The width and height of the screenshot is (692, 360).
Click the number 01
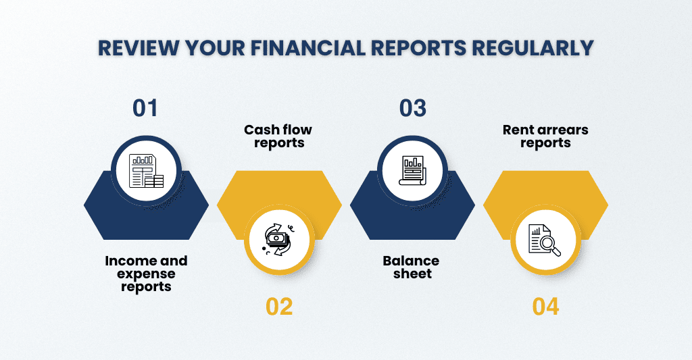pos(145,108)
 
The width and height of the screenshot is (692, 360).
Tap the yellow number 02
pos(279,307)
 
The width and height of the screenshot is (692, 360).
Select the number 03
pos(413,108)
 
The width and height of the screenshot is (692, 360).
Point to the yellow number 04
pos(545,307)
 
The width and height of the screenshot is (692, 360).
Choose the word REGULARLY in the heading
pos(533,48)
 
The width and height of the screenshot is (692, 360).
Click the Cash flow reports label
pos(278,136)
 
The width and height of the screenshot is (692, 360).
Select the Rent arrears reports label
pos(545,136)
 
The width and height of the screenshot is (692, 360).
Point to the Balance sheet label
pos(412,267)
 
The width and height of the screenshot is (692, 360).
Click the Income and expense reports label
pos(146,274)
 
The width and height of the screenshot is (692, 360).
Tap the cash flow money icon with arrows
pos(278,239)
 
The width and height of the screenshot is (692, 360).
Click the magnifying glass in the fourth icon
pos(550,245)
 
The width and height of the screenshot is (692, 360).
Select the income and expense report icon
pos(146,171)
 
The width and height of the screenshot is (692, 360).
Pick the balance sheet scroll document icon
pos(412,170)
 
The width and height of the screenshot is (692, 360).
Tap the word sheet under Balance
pos(412,274)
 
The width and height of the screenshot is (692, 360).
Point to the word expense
pos(146,274)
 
